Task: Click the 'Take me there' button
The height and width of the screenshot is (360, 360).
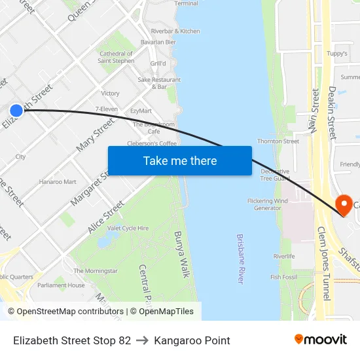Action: click(x=180, y=160)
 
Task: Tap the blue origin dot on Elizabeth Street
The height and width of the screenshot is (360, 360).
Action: click(x=16, y=111)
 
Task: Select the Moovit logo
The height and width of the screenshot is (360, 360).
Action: click(x=321, y=340)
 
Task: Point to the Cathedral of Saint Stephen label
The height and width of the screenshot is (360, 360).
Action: click(x=116, y=57)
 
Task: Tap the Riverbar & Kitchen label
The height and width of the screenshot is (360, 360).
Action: click(x=175, y=31)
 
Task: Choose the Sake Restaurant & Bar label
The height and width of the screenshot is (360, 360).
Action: click(x=159, y=83)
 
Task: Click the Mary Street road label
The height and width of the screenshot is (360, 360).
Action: click(x=96, y=135)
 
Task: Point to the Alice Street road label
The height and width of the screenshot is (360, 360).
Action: click(x=106, y=217)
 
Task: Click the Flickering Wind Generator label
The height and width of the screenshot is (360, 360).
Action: click(x=267, y=204)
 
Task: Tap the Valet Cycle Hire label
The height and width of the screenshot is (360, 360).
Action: click(x=128, y=228)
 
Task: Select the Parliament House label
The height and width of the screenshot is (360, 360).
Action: click(x=61, y=285)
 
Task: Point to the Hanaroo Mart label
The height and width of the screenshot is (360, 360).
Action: click(x=58, y=182)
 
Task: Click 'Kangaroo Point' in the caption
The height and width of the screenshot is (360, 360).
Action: click(x=192, y=340)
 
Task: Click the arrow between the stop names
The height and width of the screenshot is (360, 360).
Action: click(x=143, y=340)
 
